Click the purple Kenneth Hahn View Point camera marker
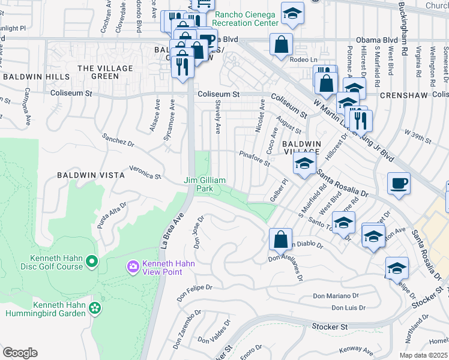(x=133, y=265)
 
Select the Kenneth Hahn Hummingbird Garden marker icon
(x=94, y=308)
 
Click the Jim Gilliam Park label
(x=205, y=184)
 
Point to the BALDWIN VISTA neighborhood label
(x=91, y=175)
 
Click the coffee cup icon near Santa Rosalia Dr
(x=399, y=184)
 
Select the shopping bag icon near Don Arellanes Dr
(x=280, y=239)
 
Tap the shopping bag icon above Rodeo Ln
(x=281, y=44)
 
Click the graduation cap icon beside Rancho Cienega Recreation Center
(x=292, y=14)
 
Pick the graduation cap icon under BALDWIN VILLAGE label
(x=304, y=163)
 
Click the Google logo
(x=20, y=353)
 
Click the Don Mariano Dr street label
(x=335, y=295)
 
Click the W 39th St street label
(x=418, y=136)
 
